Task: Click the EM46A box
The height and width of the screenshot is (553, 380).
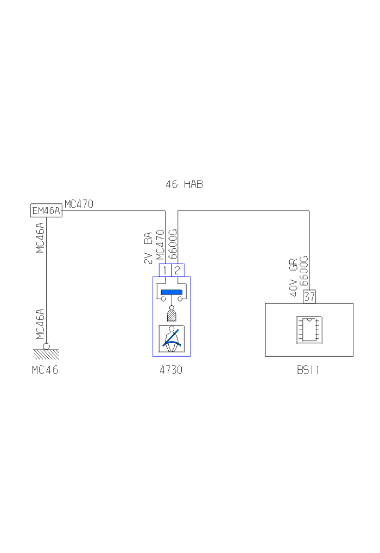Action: click(46, 210)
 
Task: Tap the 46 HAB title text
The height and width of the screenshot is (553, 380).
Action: click(185, 184)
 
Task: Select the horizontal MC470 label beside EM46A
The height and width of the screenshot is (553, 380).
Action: click(79, 204)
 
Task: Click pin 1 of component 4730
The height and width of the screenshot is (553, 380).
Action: click(165, 270)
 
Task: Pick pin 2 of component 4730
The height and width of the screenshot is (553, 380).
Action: click(178, 270)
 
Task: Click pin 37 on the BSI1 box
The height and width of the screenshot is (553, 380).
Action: click(309, 297)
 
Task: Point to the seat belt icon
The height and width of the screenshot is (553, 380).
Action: click(172, 339)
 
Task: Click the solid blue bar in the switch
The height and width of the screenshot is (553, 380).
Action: click(172, 292)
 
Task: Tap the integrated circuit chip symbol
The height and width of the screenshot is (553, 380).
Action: click(309, 330)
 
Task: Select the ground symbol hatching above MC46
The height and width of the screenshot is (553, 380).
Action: click(46, 354)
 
